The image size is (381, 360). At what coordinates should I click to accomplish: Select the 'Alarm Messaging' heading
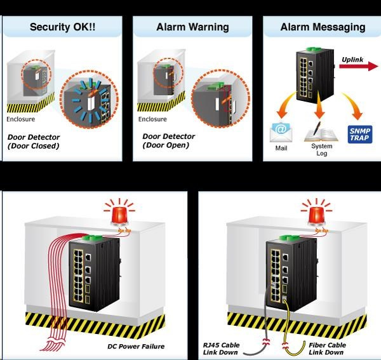click(323, 27)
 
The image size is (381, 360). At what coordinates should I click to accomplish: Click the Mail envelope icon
click(281, 132)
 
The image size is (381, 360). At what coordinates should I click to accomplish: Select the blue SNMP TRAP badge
click(360, 133)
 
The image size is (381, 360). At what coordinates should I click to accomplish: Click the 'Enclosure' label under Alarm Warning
click(152, 119)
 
